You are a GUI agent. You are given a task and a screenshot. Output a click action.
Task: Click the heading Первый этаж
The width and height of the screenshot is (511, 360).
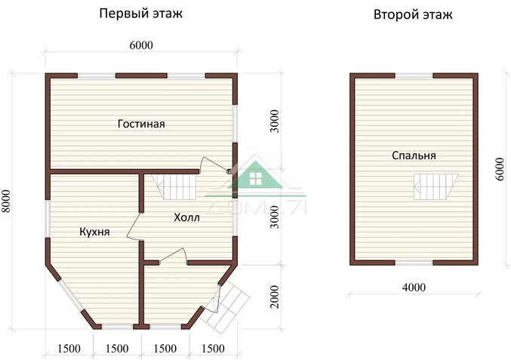coord(141,14)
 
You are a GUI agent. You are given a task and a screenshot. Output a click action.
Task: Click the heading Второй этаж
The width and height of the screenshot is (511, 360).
coord(413,14)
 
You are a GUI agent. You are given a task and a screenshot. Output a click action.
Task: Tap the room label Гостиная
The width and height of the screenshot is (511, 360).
coord(141,124)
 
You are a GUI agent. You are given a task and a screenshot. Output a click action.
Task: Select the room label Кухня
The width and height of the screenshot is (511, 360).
coord(94,232)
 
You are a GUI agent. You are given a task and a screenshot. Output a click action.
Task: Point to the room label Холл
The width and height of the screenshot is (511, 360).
coord(186,218)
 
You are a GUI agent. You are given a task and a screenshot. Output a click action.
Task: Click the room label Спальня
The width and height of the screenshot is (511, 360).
coord(414,155)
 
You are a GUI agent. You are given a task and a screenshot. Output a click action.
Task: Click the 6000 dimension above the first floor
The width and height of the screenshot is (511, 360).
coord(141,45)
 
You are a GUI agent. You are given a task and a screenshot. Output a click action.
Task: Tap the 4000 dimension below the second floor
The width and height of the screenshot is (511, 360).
coord(414,287)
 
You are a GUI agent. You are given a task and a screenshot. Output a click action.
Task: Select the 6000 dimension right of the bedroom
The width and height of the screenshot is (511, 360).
coord(500,168)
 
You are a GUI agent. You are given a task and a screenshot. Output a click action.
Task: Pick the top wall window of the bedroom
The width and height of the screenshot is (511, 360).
coord(414,75)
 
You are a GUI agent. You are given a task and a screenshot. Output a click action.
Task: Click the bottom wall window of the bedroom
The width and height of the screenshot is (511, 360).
coord(414,262)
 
